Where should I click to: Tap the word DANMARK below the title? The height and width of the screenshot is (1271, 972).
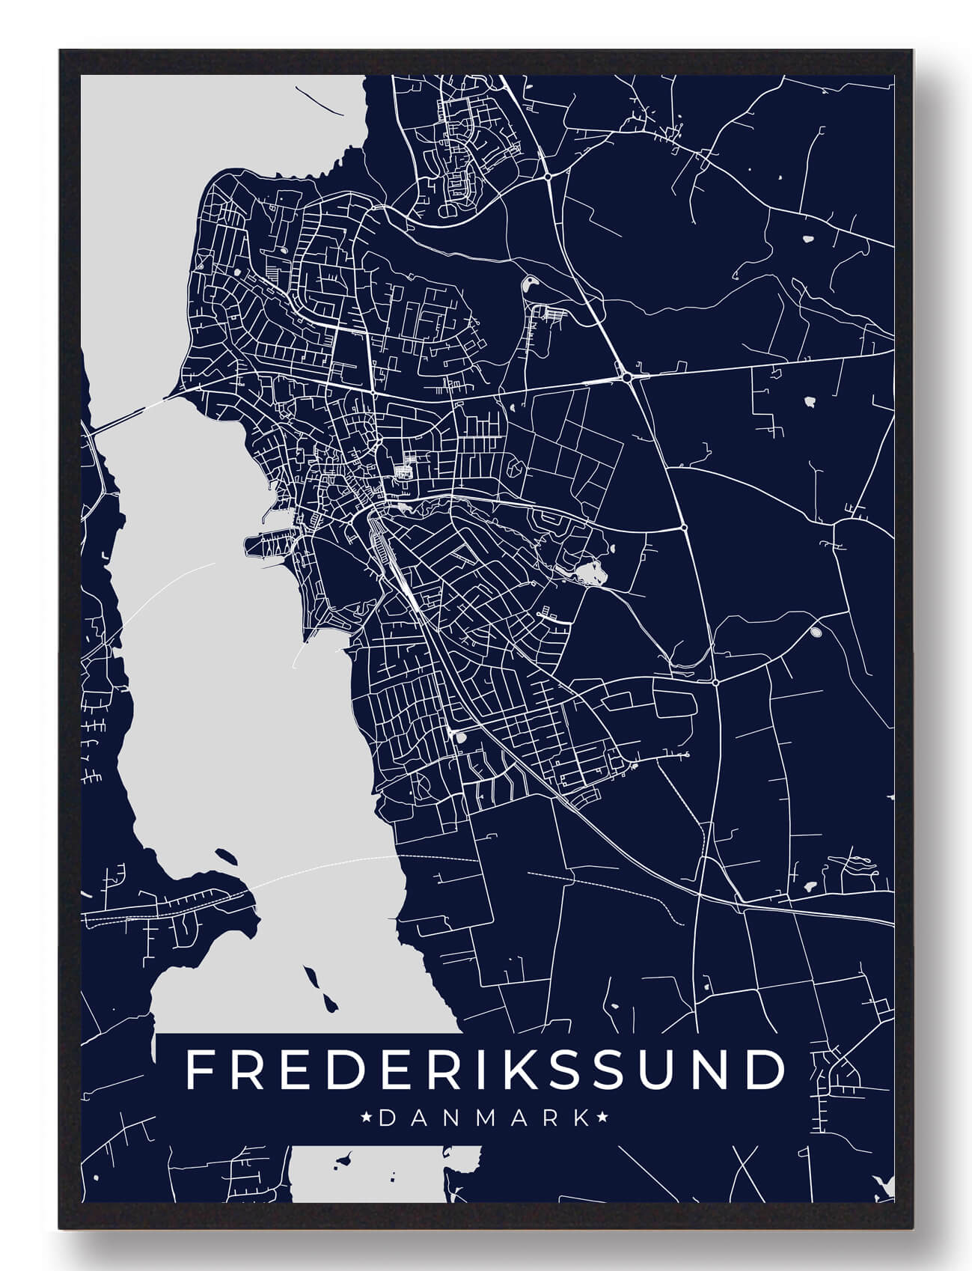coord(485,1119)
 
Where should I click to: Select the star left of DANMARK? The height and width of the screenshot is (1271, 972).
coord(367,1119)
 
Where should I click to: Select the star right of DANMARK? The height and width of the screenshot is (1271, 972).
coord(602,1119)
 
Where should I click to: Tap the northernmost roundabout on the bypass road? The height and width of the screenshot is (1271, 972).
coord(548,177)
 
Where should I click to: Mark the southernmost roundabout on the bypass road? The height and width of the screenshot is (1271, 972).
coord(715,682)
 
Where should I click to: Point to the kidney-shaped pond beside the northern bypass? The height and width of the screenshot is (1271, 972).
coord(529,284)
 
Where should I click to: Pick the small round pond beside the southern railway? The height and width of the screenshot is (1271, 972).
coord(461,738)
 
